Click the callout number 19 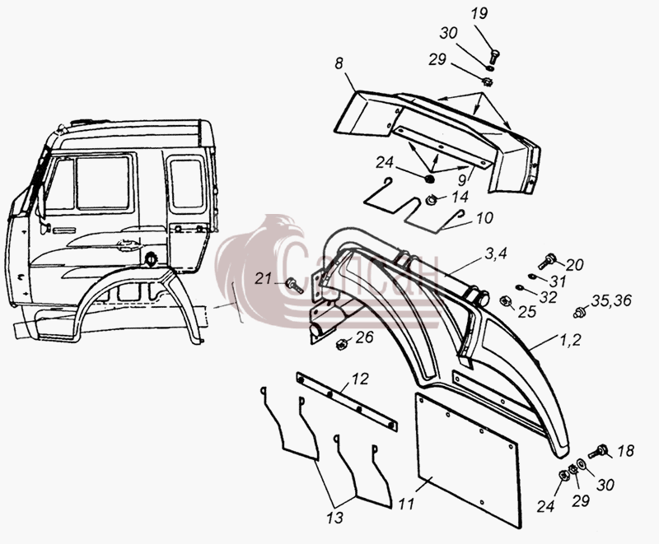tap(479, 13)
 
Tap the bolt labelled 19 tap(494, 56)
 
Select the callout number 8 tap(339, 63)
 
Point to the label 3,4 tap(497, 253)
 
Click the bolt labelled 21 tap(294, 286)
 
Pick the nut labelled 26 tap(342, 344)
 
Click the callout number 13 tap(334, 518)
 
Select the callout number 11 tap(406, 504)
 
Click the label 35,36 tap(611, 300)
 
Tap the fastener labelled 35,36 tap(579, 312)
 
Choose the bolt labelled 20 tap(547, 261)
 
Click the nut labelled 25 tap(504, 301)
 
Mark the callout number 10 tap(485, 218)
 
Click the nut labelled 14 tap(430, 201)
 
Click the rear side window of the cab tap(187, 184)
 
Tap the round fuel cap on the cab tap(150, 259)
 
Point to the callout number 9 tap(462, 180)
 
